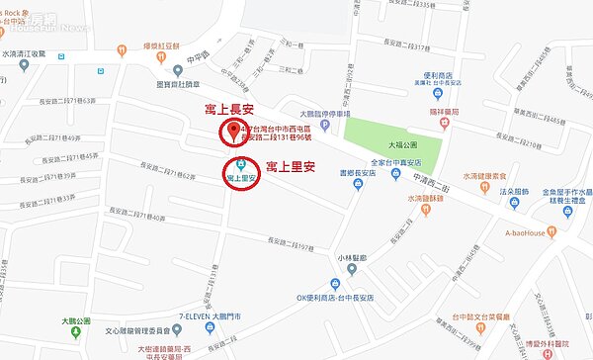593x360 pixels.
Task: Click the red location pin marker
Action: pos(233,134)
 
